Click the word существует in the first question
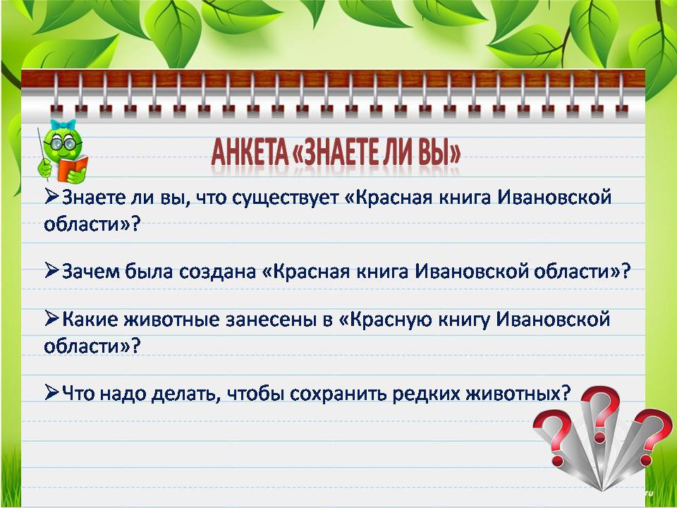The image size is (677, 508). (x=286, y=198)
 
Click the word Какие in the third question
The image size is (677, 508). (x=90, y=320)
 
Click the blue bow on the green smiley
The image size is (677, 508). (x=63, y=125)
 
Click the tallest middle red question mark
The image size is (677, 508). (x=601, y=415)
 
